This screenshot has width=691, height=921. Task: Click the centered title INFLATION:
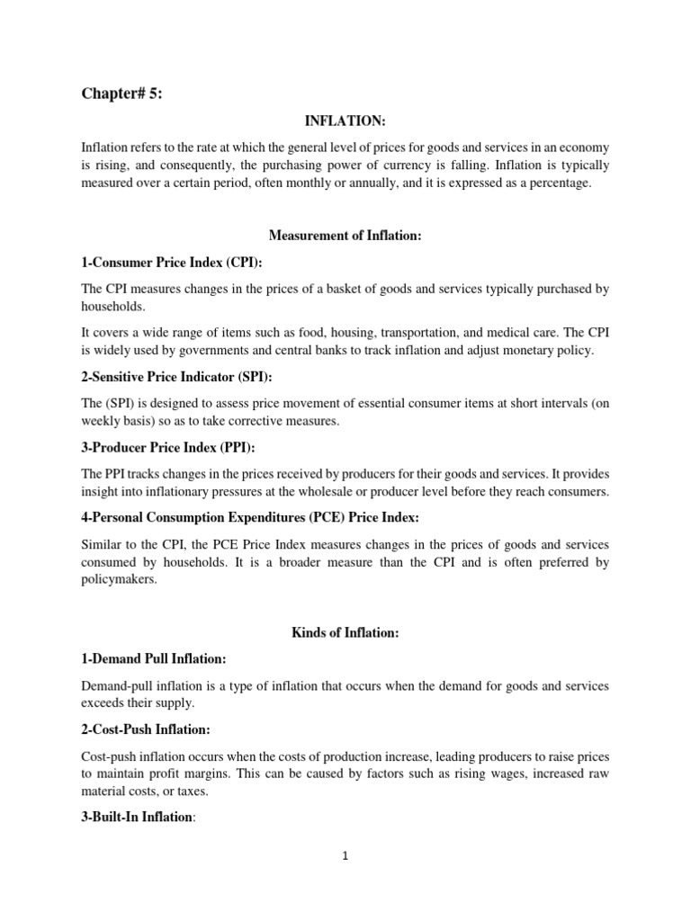[x=345, y=121]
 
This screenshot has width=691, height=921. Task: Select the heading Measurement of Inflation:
[x=345, y=236]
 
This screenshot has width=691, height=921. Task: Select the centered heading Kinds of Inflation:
[x=345, y=633]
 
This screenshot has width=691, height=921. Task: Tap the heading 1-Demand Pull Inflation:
[x=155, y=659]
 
